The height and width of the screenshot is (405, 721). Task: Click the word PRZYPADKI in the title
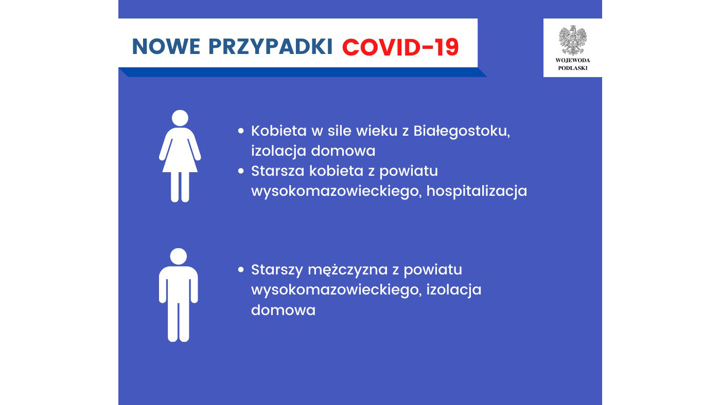pos(271,47)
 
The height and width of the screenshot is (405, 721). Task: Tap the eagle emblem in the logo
pos(572,40)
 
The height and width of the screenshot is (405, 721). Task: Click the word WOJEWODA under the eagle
pos(572,60)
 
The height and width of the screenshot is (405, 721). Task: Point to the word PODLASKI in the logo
pos(572,68)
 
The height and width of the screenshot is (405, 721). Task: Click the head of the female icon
pos(180,118)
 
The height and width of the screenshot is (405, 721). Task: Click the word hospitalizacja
pos(477,191)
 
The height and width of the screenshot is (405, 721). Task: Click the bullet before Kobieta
pos(240,131)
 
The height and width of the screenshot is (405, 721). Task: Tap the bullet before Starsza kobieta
pos(240,171)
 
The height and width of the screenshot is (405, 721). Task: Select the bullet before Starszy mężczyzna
pos(240,269)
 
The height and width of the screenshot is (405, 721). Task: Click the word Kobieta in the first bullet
pos(278,131)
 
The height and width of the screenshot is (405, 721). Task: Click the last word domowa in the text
pos(283,310)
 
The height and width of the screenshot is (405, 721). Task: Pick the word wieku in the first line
pos(362,131)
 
